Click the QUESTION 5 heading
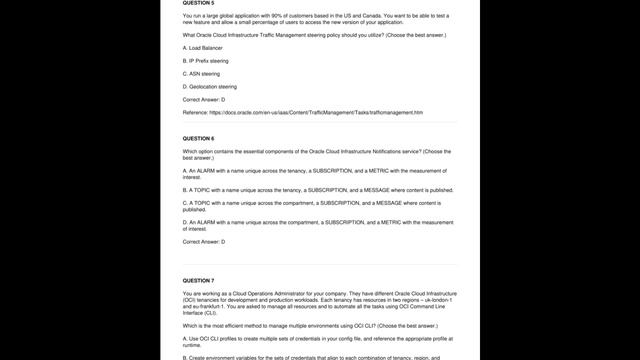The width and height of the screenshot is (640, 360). (198, 4)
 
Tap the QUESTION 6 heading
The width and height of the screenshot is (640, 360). (198, 138)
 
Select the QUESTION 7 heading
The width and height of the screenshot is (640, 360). (198, 281)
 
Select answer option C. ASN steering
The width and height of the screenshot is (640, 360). (204, 73)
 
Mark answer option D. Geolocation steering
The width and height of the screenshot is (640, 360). (210, 86)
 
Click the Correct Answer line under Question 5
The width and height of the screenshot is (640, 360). (204, 99)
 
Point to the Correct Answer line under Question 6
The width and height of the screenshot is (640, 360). (204, 242)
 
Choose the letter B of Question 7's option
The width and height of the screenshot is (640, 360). (185, 357)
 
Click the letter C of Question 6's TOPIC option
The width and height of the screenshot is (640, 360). (185, 203)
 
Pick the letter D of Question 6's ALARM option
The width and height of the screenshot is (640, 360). (185, 222)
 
